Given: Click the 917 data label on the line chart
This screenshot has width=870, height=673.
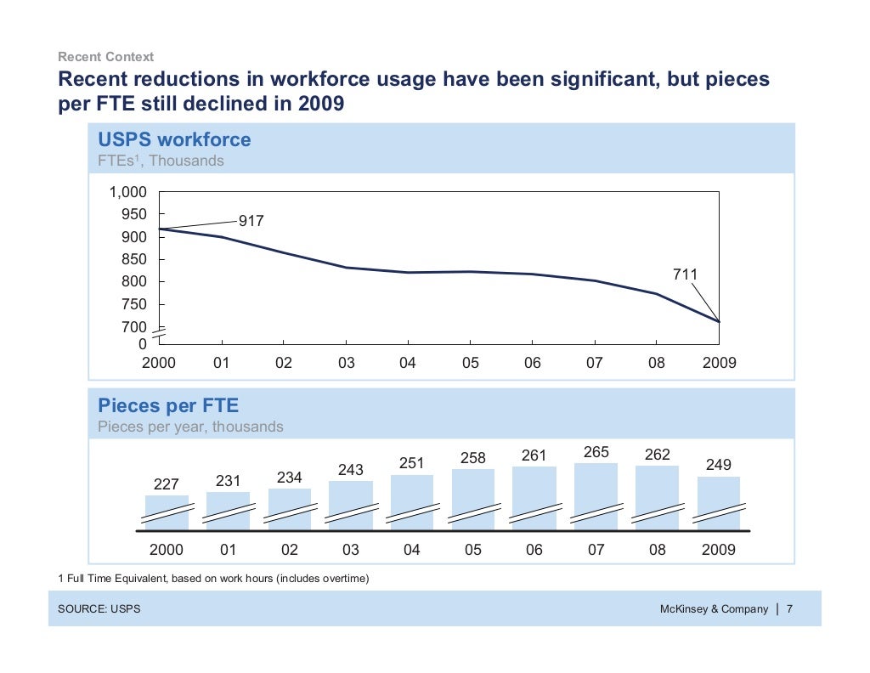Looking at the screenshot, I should point(251,221).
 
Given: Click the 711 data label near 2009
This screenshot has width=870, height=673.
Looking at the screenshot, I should point(685,274).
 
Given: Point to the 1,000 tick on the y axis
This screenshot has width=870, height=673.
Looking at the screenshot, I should point(127,192).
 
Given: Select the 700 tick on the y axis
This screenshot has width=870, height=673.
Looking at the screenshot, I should point(135,327).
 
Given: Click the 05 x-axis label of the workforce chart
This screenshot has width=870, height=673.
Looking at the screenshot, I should point(470,363).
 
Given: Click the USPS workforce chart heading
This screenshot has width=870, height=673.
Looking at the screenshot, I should point(174,139).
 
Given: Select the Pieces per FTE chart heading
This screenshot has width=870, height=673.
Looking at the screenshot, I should point(168,405).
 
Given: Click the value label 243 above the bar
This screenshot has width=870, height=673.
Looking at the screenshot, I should point(352,470).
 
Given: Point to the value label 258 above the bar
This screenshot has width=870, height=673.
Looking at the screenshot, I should point(473,458).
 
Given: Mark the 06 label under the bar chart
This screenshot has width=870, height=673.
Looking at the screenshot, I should point(534,550).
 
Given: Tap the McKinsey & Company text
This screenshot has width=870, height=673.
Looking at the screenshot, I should point(714,609).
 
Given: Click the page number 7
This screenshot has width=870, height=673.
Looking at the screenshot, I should point(789,609).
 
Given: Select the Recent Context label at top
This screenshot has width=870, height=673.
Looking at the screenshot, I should point(105,57).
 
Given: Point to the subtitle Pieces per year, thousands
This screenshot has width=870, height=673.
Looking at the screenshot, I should point(190,427).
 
